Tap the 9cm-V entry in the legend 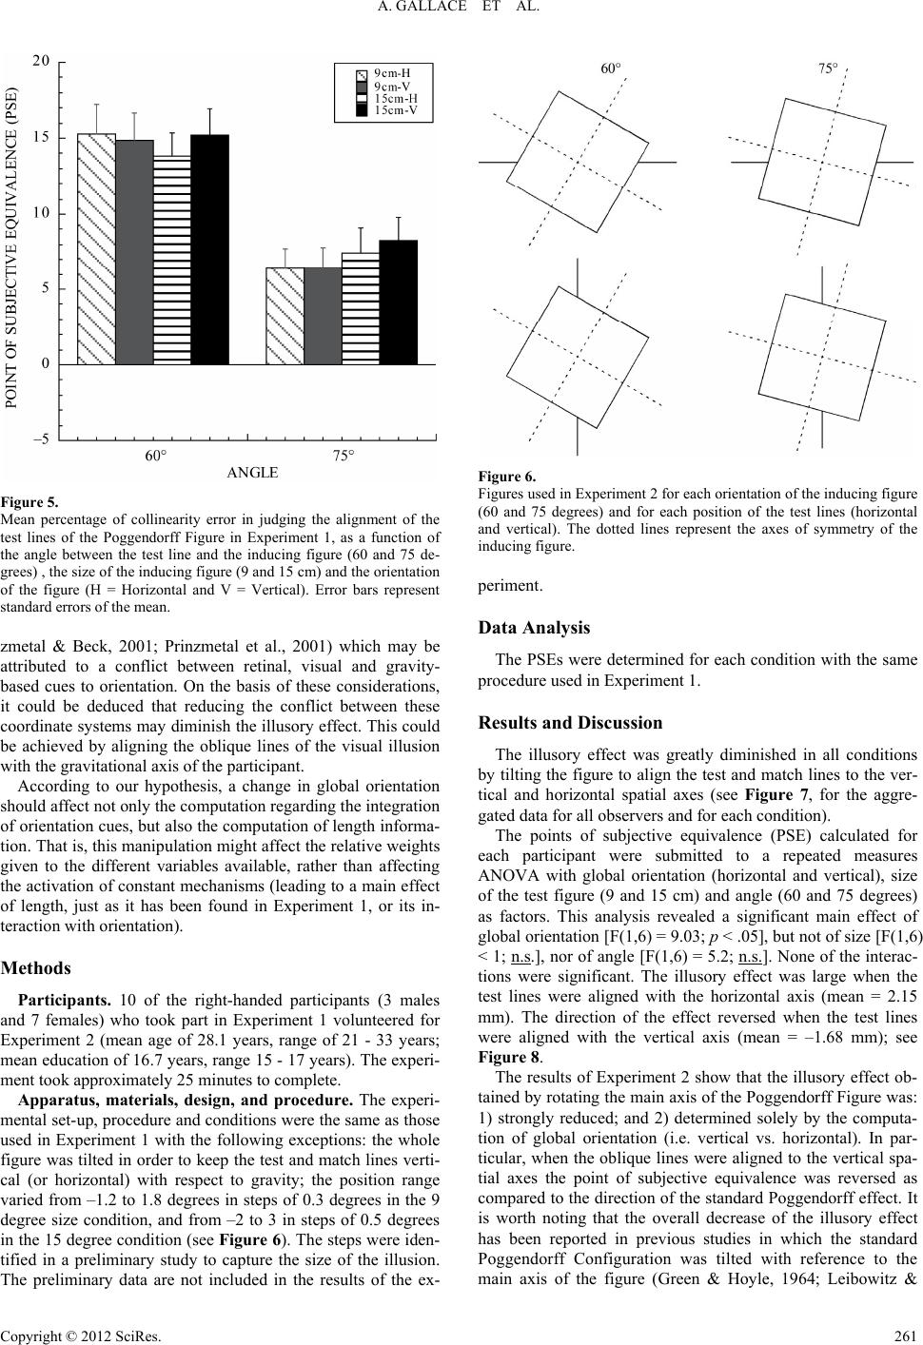point(389,85)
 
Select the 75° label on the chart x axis point(344,456)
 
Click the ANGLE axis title point(253,472)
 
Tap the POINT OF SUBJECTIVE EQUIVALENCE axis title point(13,248)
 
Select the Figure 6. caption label point(507,478)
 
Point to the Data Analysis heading point(534,628)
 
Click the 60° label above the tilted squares point(610,68)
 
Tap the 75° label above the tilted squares point(829,68)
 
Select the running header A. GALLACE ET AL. point(461,11)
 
